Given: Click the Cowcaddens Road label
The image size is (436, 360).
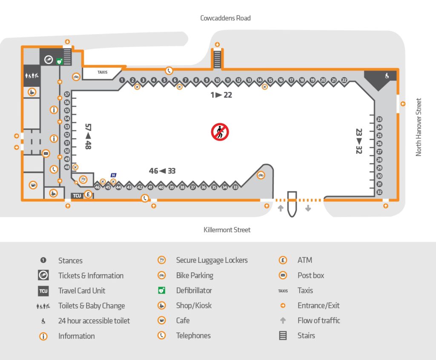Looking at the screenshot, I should [225, 18].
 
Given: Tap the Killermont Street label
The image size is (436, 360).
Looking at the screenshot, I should [227, 230].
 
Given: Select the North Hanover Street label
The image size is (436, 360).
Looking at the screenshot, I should [419, 127].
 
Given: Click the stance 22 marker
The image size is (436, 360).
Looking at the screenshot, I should [344, 80].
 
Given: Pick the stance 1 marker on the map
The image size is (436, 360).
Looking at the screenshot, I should [122, 80].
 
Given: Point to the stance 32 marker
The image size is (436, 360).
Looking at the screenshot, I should [379, 192].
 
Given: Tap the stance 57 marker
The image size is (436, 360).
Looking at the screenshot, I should [67, 94].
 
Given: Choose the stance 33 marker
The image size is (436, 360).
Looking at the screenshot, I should [235, 187].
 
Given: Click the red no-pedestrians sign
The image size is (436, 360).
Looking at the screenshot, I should [220, 132].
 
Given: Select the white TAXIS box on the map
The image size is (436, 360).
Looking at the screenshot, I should [103, 72].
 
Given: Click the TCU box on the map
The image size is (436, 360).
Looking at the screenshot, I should [77, 196].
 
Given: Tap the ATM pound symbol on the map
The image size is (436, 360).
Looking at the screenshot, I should [88, 195].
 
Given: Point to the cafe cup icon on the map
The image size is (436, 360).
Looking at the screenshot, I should [33, 185].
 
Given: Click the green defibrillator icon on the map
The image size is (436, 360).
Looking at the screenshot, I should [59, 61].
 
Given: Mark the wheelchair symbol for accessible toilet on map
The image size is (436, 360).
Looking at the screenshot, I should [387, 76].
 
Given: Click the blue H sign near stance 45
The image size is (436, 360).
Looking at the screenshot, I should [113, 175].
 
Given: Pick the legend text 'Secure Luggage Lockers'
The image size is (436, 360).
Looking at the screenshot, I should [212, 260].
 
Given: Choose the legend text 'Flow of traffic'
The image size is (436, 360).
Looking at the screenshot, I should [319, 320].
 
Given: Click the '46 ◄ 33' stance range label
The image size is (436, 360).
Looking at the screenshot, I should [162, 171].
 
